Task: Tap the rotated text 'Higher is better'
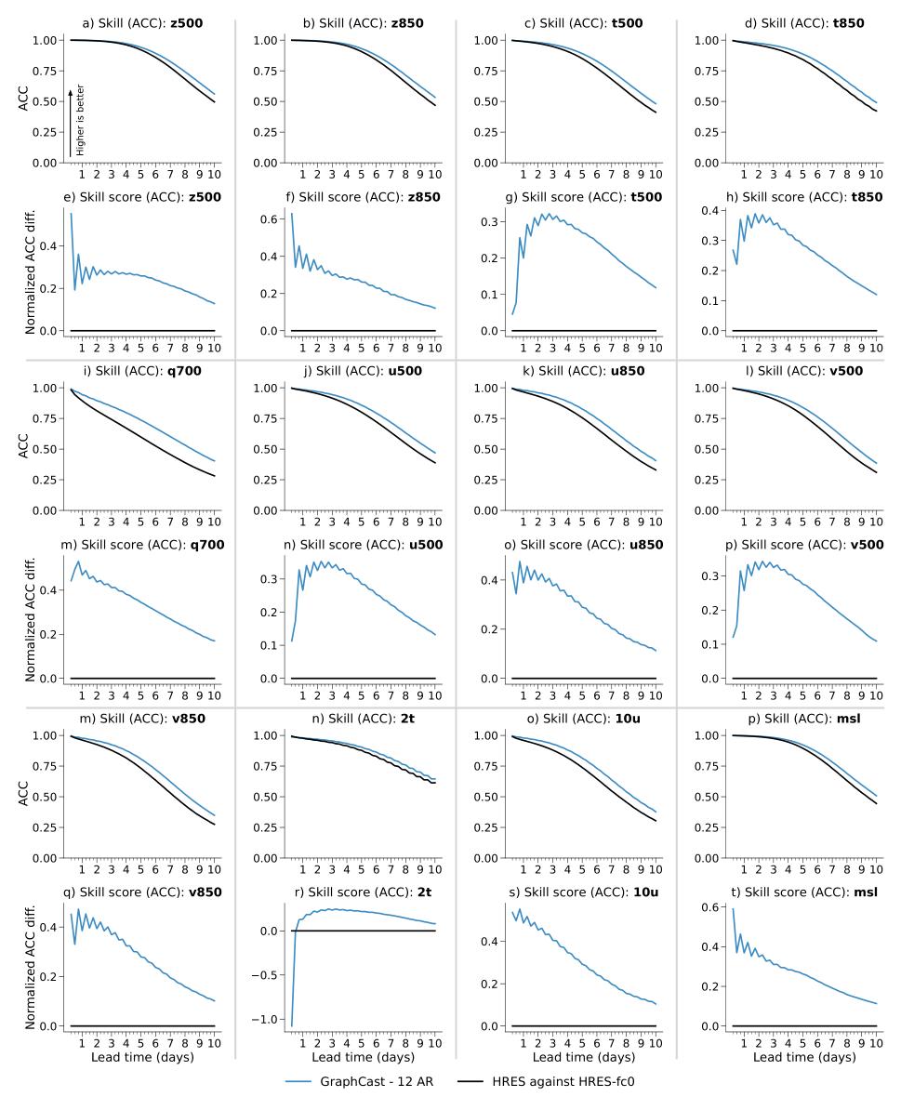80,120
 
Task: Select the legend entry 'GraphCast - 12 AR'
361,1081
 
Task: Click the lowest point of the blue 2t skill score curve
291,1026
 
